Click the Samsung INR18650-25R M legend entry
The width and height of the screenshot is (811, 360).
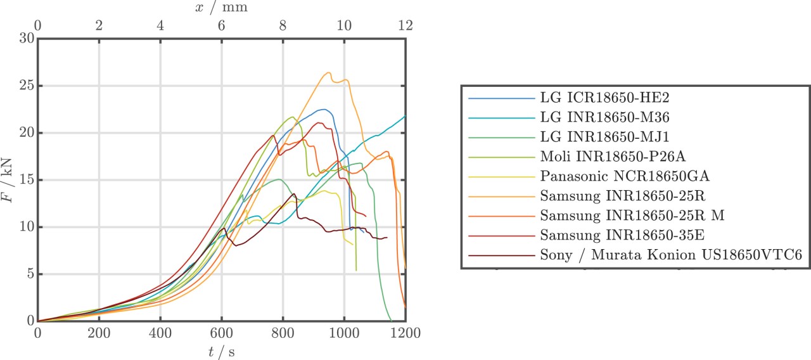click(632, 216)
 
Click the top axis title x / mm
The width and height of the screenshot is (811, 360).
click(221, 8)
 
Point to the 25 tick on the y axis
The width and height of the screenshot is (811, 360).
click(27, 86)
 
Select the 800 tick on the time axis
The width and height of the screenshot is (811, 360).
click(283, 332)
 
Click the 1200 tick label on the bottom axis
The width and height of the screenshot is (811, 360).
click(405, 332)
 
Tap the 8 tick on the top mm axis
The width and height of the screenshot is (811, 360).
click(283, 25)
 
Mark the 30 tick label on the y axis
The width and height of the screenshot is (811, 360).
click(27, 38)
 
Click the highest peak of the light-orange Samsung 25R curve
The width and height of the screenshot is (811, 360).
click(329, 72)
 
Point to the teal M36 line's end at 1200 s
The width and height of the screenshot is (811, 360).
click(405, 116)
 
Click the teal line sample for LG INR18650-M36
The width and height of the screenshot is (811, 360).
click(501, 118)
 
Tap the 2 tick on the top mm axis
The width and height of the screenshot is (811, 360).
click(99, 25)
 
